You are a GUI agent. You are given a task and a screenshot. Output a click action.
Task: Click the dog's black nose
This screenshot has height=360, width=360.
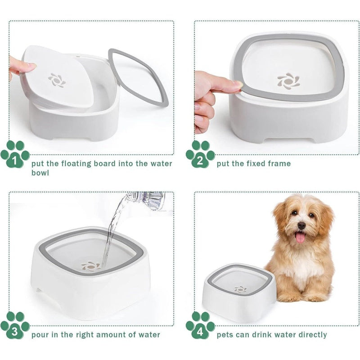(301, 226)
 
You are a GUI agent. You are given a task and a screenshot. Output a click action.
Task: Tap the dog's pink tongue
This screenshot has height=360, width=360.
(301, 237)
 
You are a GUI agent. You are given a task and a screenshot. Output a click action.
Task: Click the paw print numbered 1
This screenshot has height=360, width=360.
(15, 154)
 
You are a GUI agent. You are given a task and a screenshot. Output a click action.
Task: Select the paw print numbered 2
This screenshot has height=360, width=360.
(200, 154)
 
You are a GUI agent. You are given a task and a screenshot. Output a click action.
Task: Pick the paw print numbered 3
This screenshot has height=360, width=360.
(15, 325)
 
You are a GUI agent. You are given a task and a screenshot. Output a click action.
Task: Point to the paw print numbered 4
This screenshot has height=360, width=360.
(200, 325)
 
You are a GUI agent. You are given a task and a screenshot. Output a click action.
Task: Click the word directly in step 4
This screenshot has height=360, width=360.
(313, 335)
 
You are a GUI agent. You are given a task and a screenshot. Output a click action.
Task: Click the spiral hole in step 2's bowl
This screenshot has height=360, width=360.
(288, 81)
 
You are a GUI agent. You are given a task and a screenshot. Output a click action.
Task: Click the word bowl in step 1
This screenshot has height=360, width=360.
(40, 173)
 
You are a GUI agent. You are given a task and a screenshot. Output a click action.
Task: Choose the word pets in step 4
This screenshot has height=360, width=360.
(225, 335)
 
